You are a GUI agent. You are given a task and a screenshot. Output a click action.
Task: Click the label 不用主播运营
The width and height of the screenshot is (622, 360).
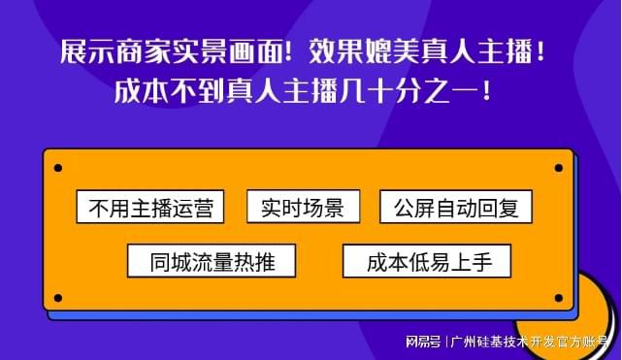(149, 208)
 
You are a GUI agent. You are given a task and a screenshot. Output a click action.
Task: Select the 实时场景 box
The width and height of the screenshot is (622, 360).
(303, 207)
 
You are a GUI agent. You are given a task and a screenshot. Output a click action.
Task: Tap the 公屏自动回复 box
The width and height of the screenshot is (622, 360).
(455, 208)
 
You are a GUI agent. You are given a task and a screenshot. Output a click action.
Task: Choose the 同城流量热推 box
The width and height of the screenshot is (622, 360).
(212, 260)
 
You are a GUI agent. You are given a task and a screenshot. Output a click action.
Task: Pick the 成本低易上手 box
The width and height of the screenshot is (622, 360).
(426, 260)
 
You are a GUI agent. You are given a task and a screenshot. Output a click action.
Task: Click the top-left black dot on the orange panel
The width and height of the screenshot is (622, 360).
(57, 168)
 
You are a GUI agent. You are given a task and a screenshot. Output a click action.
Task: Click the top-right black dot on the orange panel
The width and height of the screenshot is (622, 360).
(558, 168)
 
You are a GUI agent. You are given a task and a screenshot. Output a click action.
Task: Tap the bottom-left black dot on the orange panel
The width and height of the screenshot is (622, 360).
(57, 298)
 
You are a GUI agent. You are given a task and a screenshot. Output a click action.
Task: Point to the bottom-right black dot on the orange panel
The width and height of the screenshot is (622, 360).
(558, 298)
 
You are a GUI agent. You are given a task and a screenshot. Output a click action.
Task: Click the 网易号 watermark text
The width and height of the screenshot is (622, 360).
(423, 342)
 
